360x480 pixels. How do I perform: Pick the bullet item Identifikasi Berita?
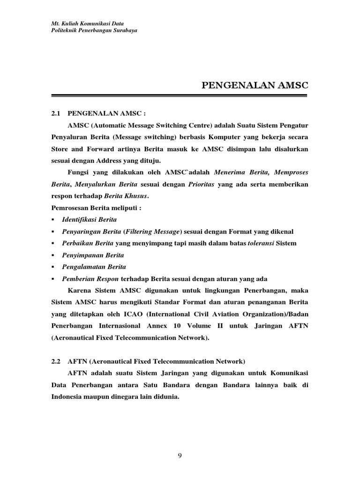click(x=90, y=219)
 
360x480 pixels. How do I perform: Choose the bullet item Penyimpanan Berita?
click(x=93, y=255)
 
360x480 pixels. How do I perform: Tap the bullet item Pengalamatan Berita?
click(x=94, y=267)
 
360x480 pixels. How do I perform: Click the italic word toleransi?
click(x=261, y=243)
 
